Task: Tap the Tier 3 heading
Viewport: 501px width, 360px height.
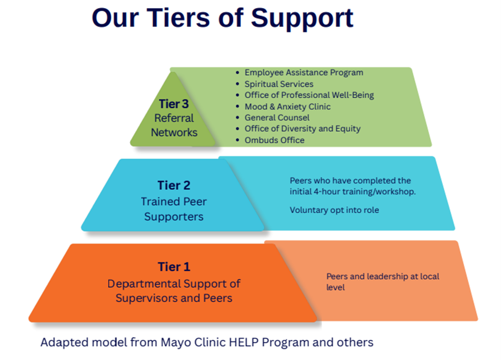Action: pos(174,104)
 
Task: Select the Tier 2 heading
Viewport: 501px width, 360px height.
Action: pos(174,186)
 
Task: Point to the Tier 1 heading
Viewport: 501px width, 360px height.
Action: pos(174,266)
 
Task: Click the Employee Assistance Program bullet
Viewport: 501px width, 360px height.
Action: pos(303,73)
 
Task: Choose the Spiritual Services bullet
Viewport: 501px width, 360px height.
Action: pos(279,84)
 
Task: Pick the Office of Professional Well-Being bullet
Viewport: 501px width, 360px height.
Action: pos(309,95)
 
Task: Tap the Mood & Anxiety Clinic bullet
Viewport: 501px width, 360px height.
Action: pos(287,106)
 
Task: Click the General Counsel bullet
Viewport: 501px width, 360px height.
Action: pos(277,118)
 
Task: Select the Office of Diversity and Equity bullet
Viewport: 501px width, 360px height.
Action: pos(302,129)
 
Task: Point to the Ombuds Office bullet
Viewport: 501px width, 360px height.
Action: pos(274,140)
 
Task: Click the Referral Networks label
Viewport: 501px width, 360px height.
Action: pos(174,125)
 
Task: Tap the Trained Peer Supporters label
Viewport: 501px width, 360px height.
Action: pos(174,209)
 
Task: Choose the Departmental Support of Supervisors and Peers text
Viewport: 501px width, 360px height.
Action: pos(174,290)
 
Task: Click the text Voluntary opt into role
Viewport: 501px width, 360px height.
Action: pos(334,210)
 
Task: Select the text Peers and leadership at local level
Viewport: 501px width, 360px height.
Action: pos(382,282)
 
